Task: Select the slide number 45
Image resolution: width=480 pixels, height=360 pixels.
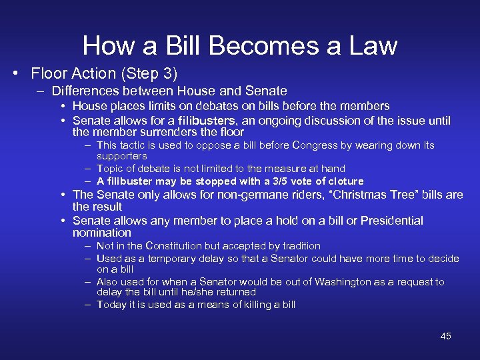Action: [445, 336]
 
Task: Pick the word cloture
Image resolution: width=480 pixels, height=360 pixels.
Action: [341, 181]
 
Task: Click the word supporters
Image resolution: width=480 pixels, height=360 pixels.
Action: [122, 156]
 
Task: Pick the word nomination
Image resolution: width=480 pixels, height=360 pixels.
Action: [102, 233]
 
